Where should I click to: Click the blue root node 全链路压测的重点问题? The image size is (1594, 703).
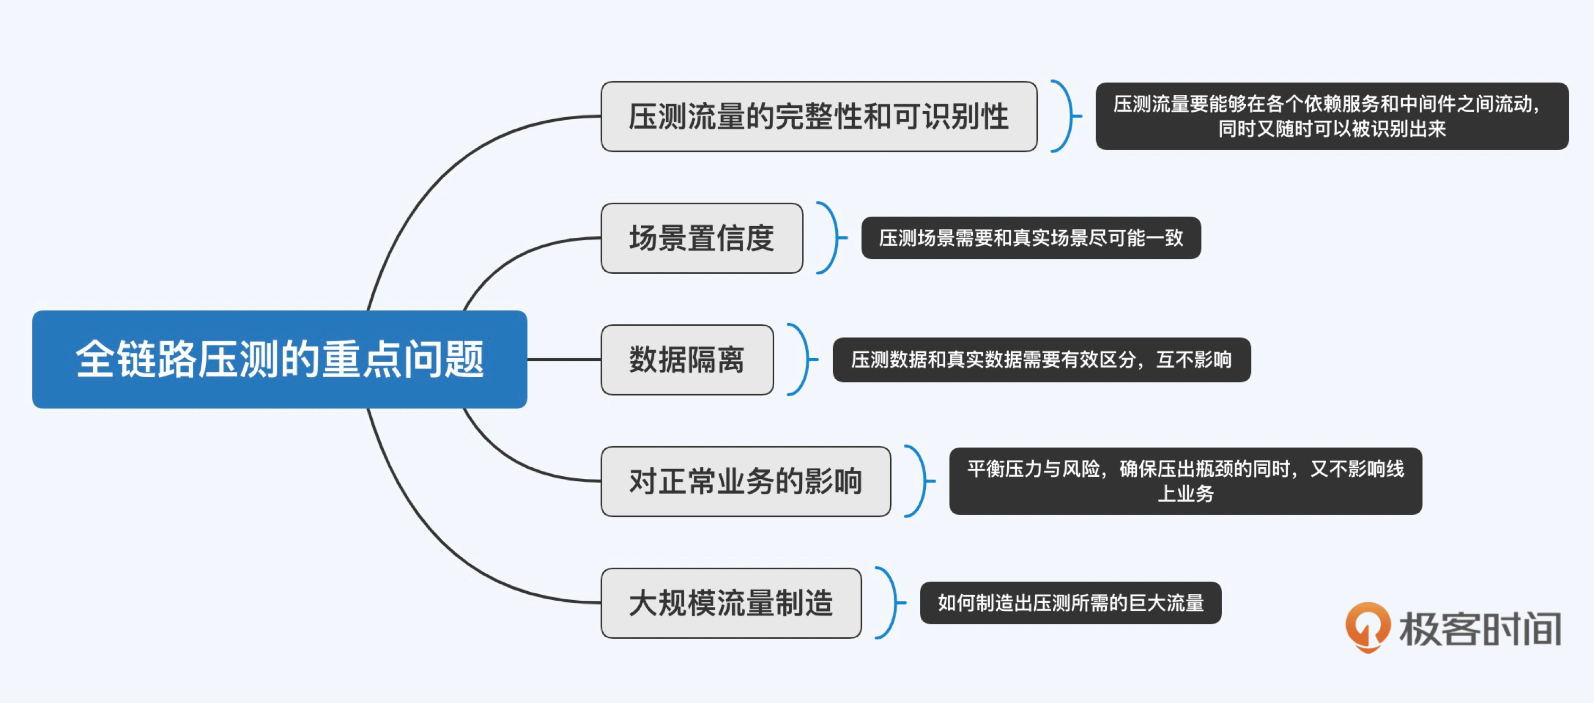(279, 359)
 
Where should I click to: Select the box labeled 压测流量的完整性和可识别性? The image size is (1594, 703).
(819, 117)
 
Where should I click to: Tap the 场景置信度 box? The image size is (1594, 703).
(702, 238)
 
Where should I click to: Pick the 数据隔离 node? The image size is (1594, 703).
(687, 360)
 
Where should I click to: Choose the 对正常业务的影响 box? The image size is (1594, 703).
(746, 482)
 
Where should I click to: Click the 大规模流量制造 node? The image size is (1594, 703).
(731, 603)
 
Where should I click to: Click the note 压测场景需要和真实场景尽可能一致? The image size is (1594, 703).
(1031, 238)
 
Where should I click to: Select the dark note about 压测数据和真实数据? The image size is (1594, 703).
(1042, 360)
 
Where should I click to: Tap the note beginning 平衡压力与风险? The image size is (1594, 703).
(1185, 481)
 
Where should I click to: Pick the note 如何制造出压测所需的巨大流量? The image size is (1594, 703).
(1070, 603)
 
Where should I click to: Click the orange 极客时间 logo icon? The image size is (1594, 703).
(1367, 626)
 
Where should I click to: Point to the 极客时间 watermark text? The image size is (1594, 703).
(1480, 629)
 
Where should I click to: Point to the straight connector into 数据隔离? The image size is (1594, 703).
(563, 359)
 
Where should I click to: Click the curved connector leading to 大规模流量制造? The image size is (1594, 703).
(433, 545)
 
